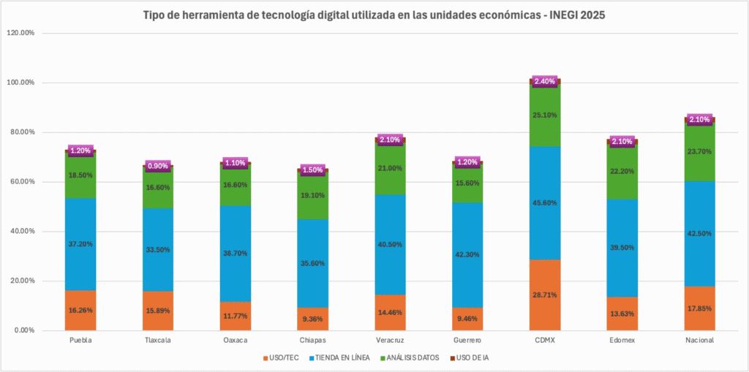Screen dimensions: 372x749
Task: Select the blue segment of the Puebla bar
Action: (x=80, y=244)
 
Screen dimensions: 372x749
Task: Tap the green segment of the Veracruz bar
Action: (x=390, y=168)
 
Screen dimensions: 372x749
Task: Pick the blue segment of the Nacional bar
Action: (x=699, y=233)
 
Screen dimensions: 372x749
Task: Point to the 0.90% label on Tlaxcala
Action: (x=157, y=166)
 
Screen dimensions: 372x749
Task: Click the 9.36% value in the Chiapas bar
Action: (x=312, y=319)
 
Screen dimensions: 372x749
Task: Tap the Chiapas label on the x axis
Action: (x=312, y=341)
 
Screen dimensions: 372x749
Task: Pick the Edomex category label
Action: (x=622, y=341)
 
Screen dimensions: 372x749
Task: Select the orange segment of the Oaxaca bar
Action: (x=235, y=316)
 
